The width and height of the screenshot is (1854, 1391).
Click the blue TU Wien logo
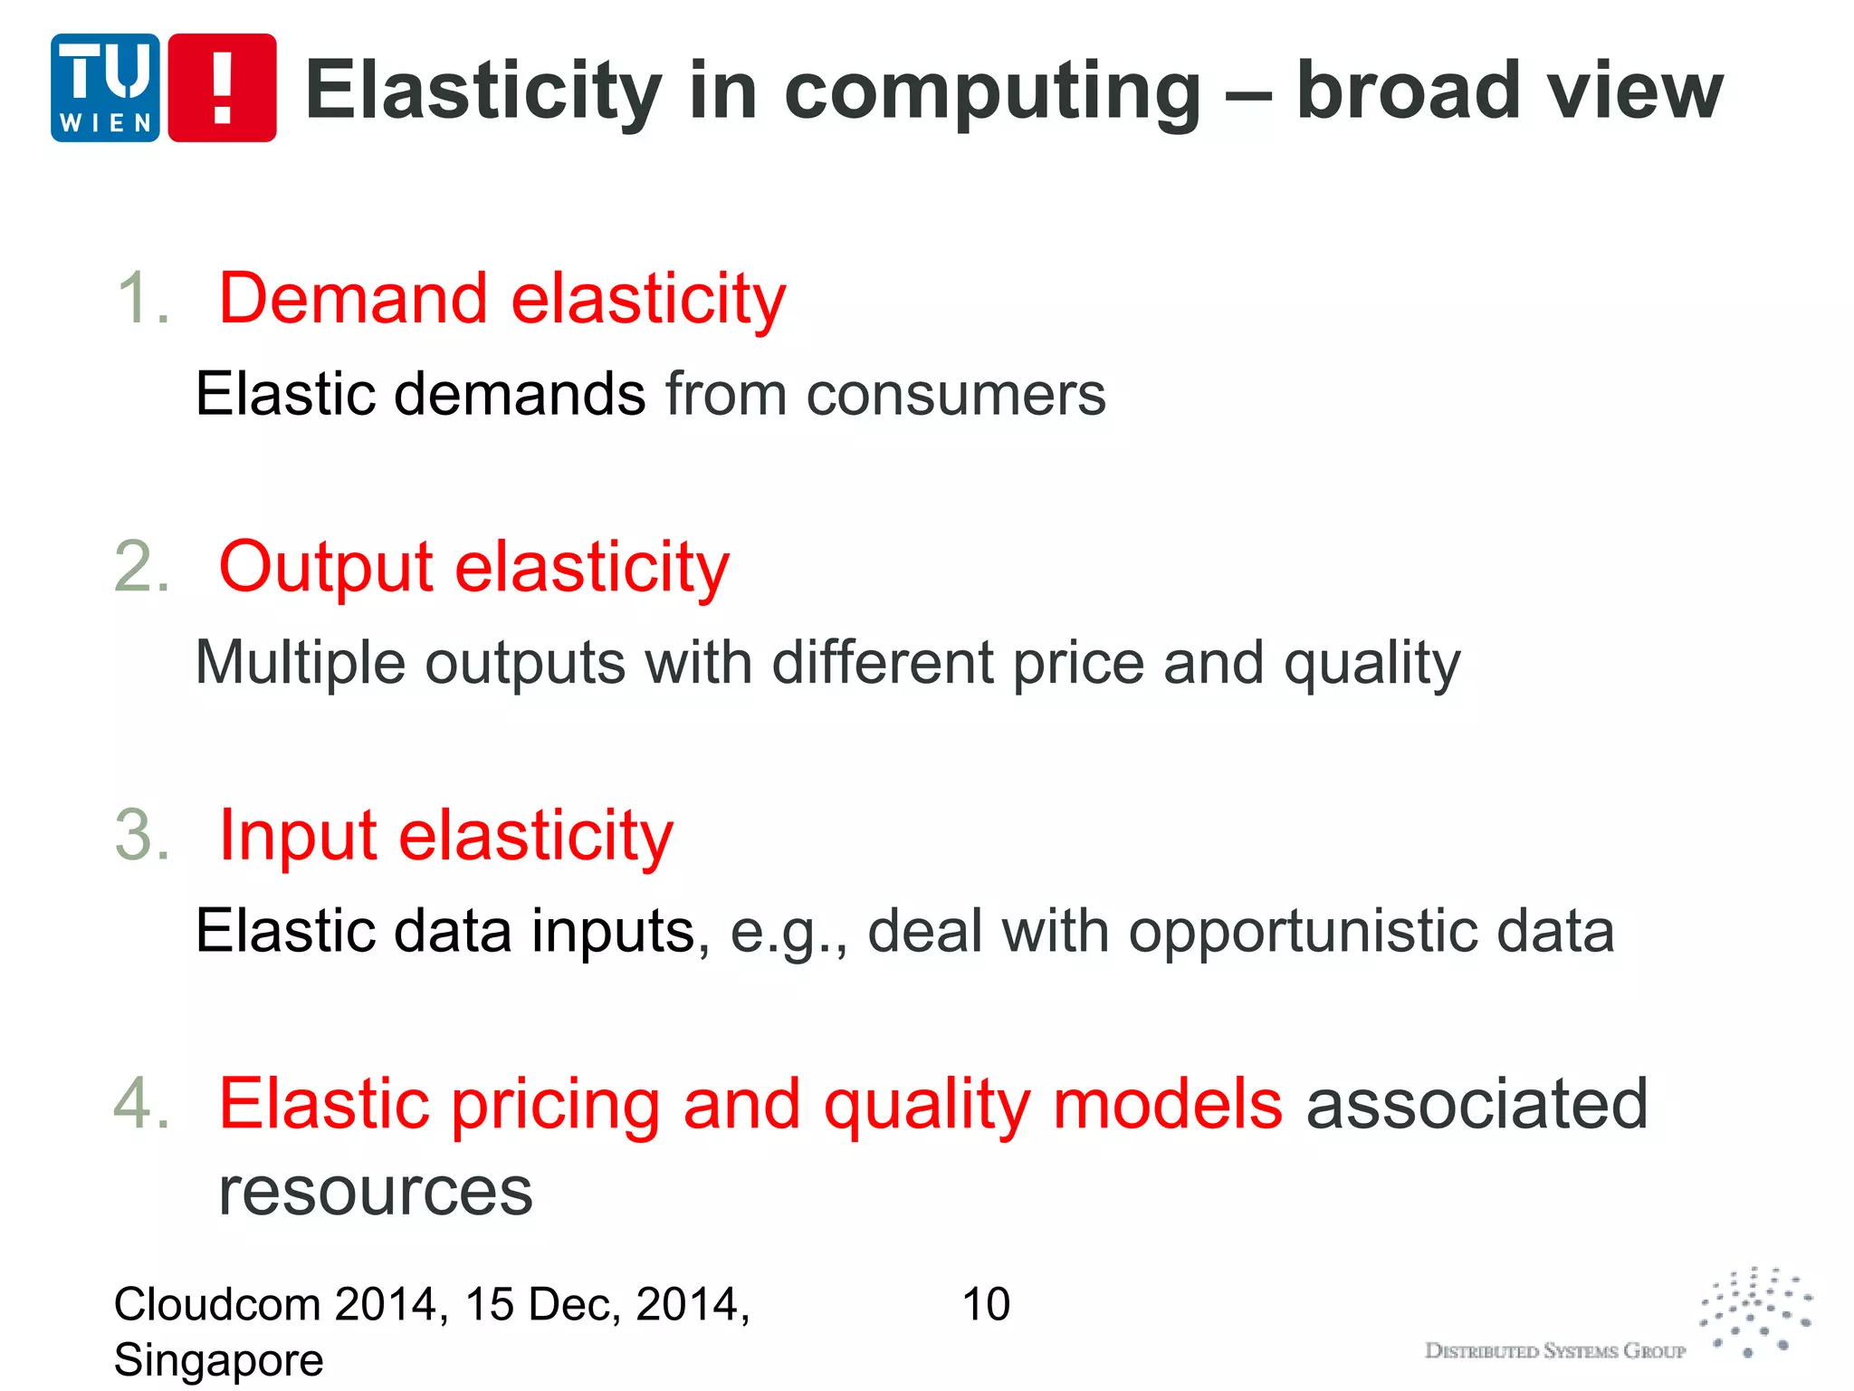105,88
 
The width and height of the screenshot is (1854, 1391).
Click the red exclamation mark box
223,88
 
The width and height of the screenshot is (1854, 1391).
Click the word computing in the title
992,91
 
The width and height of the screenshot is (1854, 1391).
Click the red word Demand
353,298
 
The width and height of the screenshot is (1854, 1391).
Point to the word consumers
956,395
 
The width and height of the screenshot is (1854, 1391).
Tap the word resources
376,1192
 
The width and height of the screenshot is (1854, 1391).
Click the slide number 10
986,1305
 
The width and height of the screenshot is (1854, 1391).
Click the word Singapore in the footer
218,1360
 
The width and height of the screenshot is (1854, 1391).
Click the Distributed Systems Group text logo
1554,1351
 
